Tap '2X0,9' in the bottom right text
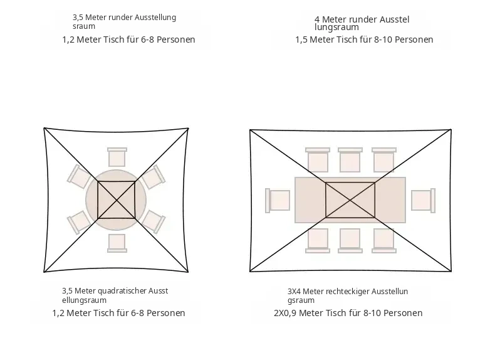(x=285, y=313)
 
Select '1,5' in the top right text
(x=301, y=40)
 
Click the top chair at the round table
(x=117, y=157)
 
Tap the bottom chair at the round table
(x=117, y=243)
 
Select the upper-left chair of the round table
(x=78, y=177)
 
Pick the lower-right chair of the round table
(x=154, y=221)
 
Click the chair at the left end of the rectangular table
(x=278, y=201)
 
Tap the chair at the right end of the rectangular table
(x=424, y=201)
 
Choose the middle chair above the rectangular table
(x=350, y=159)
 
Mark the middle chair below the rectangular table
(x=350, y=241)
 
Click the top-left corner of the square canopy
(x=44, y=128)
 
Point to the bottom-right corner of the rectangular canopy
(x=451, y=271)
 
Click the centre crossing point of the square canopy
(x=117, y=199)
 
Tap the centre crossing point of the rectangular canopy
(x=350, y=200)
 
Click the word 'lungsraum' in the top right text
(x=336, y=28)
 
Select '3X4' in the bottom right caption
(x=294, y=292)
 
